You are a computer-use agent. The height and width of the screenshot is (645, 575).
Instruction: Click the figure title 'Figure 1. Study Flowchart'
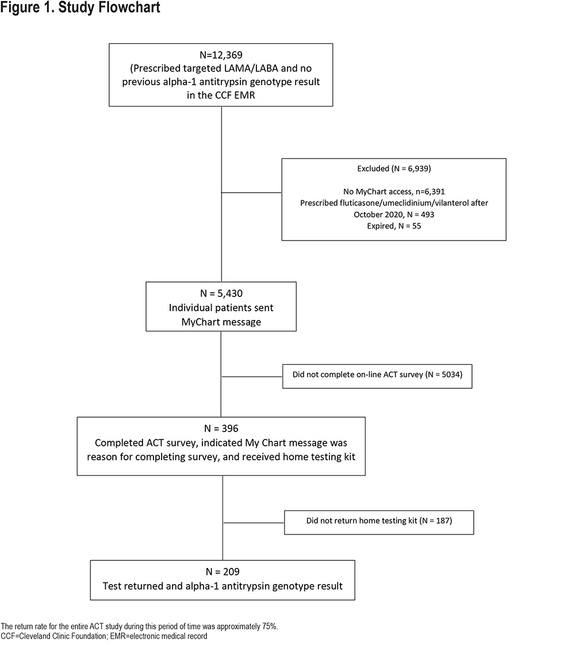point(80,7)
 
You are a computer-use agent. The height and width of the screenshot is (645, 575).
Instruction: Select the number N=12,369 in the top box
point(221,55)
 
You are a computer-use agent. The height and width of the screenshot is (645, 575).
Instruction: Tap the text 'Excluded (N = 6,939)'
point(394,169)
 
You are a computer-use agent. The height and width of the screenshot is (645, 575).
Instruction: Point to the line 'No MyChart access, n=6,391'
point(394,192)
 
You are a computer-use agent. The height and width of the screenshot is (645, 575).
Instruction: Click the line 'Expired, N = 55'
point(394,226)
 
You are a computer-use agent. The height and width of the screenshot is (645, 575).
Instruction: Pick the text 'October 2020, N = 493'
point(394,214)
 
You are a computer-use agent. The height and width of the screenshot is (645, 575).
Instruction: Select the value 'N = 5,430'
point(221,293)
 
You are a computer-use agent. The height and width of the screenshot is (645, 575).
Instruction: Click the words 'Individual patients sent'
point(221,308)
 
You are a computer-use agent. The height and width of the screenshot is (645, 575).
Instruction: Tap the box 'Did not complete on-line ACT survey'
point(377,376)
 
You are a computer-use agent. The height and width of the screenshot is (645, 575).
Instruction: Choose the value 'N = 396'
point(221,429)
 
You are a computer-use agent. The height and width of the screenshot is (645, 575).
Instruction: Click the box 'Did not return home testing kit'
point(379,522)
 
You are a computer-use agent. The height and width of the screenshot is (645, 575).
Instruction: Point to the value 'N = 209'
point(223,572)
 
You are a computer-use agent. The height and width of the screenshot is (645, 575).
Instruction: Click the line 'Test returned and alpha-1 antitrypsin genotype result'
point(223,586)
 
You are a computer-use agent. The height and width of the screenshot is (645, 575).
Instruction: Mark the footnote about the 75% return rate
point(139,627)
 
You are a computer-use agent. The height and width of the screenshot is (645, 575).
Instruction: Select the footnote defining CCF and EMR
point(104,636)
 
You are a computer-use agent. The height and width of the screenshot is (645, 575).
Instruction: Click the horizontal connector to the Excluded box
point(251,193)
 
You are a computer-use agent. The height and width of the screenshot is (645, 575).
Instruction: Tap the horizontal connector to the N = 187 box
point(254,523)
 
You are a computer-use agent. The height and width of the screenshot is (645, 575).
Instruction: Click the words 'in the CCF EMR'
point(221,96)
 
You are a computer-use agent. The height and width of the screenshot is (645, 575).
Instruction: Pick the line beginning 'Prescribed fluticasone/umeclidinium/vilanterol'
point(394,203)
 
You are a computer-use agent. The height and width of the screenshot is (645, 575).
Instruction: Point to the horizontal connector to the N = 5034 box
point(252,376)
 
